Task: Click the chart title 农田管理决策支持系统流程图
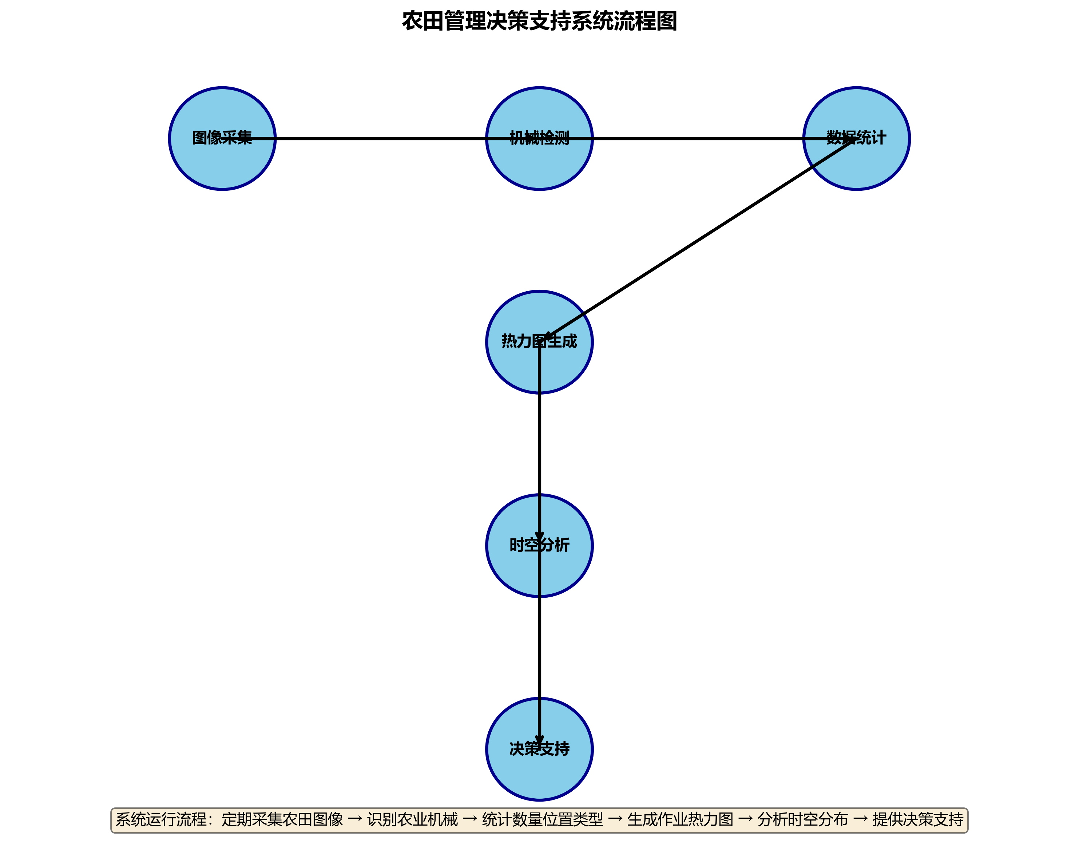tap(539, 21)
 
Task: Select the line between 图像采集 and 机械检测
tap(380, 138)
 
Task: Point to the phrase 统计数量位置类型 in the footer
tap(543, 819)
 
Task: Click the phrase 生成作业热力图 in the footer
tap(680, 819)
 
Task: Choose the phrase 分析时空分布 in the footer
tap(803, 819)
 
